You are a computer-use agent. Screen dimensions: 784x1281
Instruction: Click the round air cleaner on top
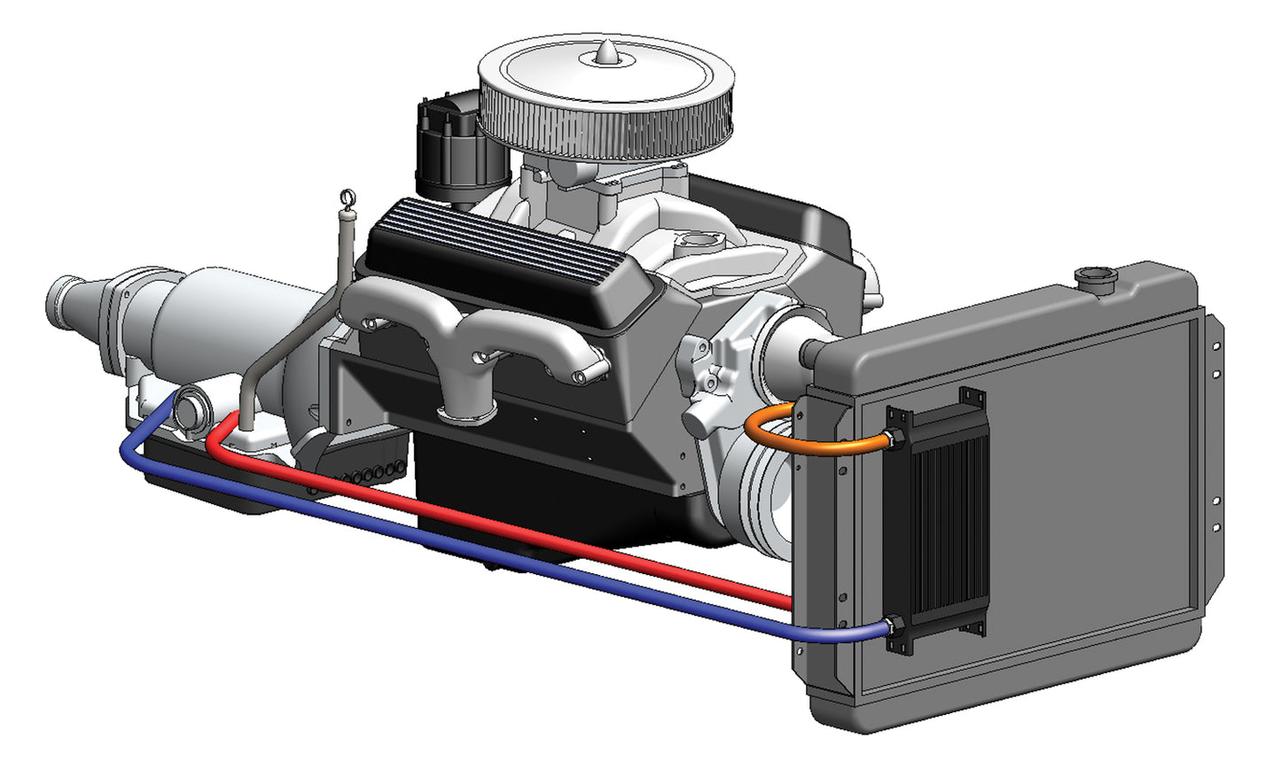click(x=606, y=97)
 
